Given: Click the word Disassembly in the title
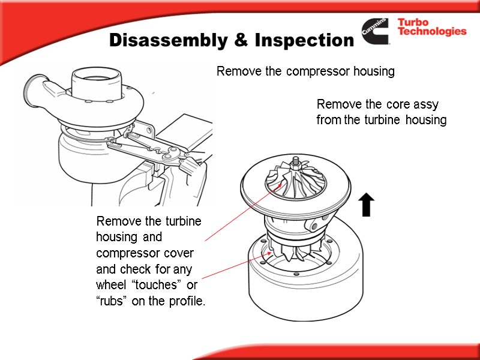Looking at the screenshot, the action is point(169,40).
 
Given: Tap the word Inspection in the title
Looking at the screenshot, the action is point(305,40).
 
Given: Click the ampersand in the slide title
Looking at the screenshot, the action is point(241,40).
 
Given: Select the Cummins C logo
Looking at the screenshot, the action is point(375,31).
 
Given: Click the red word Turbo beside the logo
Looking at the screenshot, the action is point(413,22).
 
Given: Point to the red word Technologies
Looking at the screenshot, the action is point(432,31).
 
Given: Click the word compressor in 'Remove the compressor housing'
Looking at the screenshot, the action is point(318,71).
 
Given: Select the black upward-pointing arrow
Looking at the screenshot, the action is point(366,205).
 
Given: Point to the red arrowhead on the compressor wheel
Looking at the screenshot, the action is point(280,185).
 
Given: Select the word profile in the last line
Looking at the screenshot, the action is point(187,301).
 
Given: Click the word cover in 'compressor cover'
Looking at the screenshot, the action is point(179,253).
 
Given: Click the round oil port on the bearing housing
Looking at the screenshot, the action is point(314,227).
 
